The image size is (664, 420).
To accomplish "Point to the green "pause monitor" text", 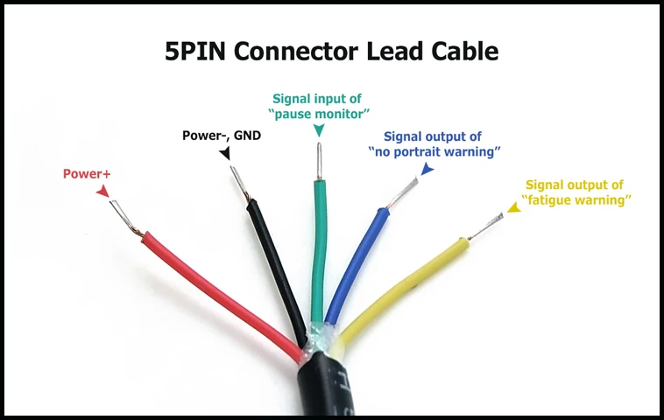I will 317,113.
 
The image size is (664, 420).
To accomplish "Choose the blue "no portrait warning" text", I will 434,151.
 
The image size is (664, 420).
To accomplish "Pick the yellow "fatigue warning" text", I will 576,199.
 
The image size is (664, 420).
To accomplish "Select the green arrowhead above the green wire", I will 318,129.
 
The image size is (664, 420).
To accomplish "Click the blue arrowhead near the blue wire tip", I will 427,169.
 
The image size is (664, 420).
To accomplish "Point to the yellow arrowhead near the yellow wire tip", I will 514,211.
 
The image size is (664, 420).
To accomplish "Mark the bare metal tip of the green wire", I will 317,163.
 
